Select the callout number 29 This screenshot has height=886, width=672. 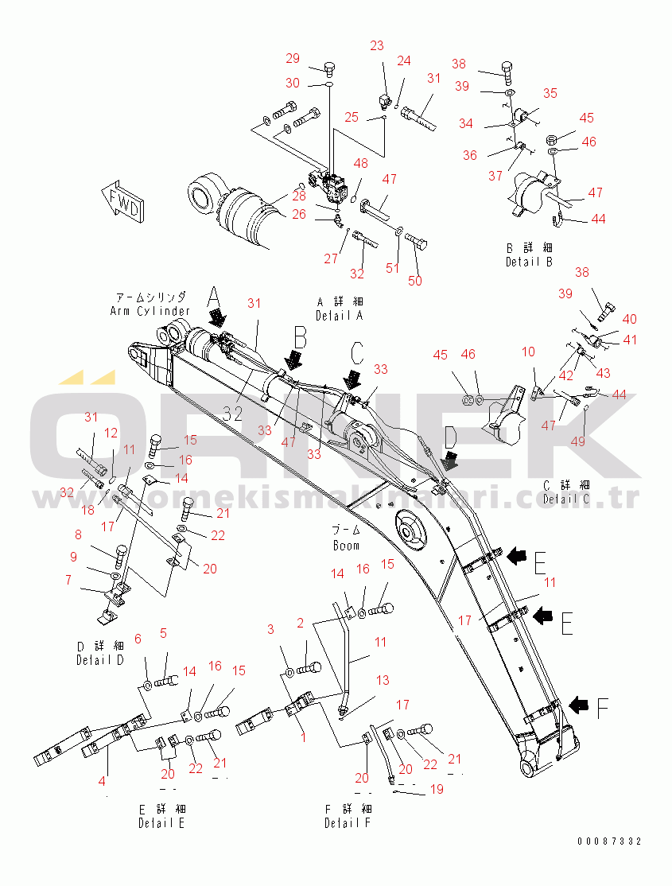[x=293, y=58]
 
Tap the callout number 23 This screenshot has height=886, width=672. [x=376, y=45]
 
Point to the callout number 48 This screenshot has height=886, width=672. [x=361, y=164]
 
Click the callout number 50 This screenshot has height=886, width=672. [x=415, y=280]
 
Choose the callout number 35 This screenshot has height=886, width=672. [x=550, y=93]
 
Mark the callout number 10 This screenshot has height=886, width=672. [x=528, y=351]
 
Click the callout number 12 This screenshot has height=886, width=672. [x=111, y=433]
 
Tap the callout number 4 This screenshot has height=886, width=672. [x=102, y=781]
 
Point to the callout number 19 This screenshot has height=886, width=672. [x=436, y=789]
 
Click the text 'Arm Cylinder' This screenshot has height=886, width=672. [x=150, y=311]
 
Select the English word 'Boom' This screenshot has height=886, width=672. [x=346, y=546]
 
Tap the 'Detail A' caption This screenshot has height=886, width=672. [x=339, y=316]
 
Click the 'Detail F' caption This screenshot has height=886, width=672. [x=347, y=823]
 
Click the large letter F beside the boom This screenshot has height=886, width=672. [x=603, y=706]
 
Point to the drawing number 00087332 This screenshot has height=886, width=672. [x=610, y=841]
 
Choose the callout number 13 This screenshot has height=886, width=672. [x=383, y=680]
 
